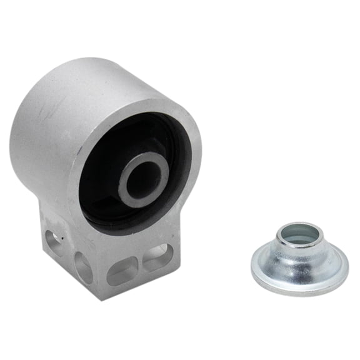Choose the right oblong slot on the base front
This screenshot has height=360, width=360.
tap(157, 257)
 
